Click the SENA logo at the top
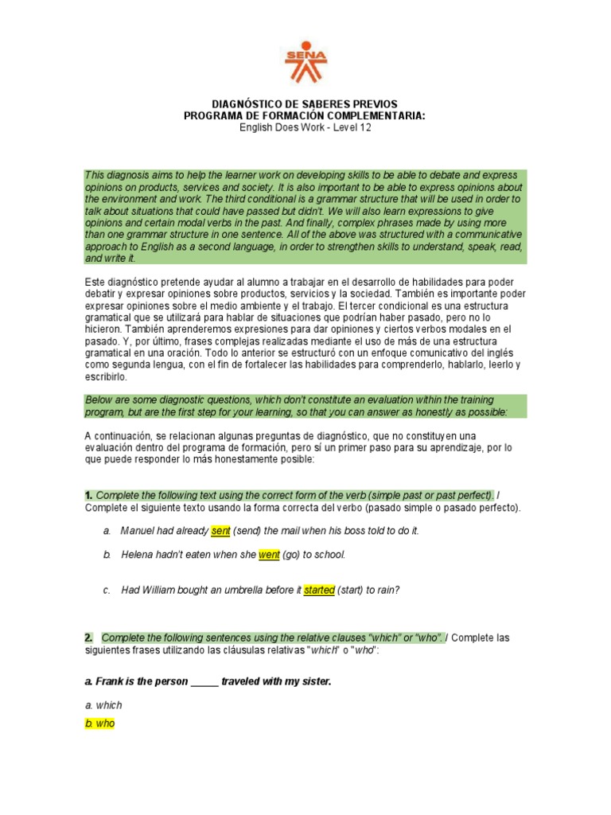click(305, 64)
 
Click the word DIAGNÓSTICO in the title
click(245, 104)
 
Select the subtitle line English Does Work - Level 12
click(305, 127)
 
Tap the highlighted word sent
click(220, 531)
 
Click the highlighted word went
click(269, 555)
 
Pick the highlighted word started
click(319, 591)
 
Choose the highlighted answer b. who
click(99, 724)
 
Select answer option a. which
click(103, 705)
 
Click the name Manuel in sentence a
click(137, 531)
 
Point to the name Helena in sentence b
click(137, 555)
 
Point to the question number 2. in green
click(88, 638)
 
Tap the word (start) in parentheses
click(351, 591)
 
